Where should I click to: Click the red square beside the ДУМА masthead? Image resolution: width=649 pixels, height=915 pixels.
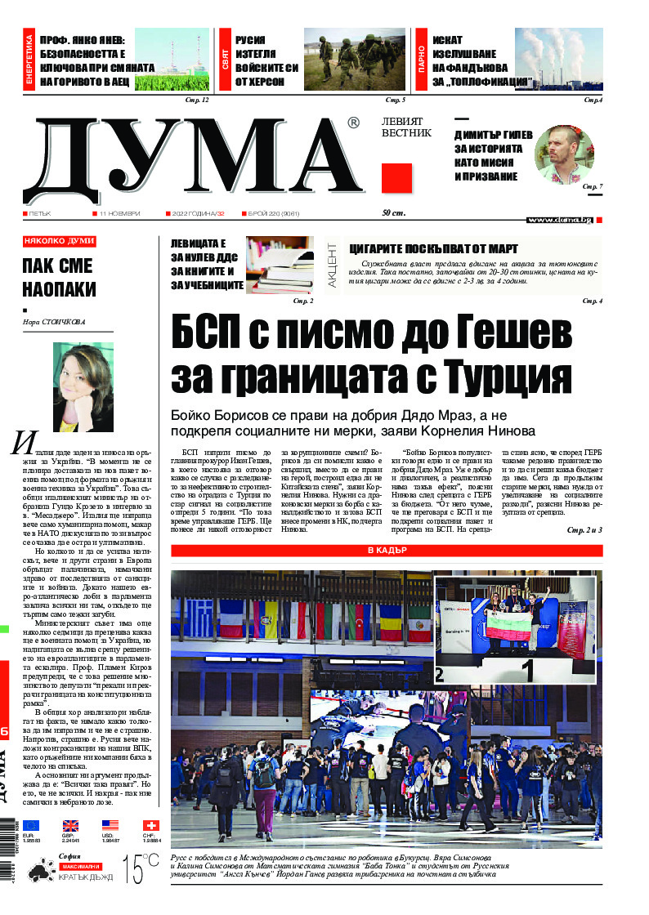pos(396,177)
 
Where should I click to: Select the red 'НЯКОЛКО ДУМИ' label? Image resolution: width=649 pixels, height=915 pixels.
pos(60,241)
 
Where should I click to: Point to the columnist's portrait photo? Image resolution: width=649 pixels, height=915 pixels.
pos(83,386)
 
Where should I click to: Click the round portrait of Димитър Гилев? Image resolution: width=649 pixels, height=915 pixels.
pos(564,154)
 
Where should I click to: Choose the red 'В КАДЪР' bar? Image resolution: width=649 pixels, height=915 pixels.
pos(387,551)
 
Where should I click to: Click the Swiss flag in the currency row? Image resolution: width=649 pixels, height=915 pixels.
pos(150,825)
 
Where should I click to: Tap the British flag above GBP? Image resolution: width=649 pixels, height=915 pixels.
pos(70,825)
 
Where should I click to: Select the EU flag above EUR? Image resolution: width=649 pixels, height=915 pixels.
pos(30,825)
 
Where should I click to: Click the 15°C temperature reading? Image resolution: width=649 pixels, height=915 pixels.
pos(141,869)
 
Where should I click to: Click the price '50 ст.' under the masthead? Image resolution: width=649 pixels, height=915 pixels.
pos(395,213)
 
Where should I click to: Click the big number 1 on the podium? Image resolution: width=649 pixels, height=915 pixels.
pos(527,671)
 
